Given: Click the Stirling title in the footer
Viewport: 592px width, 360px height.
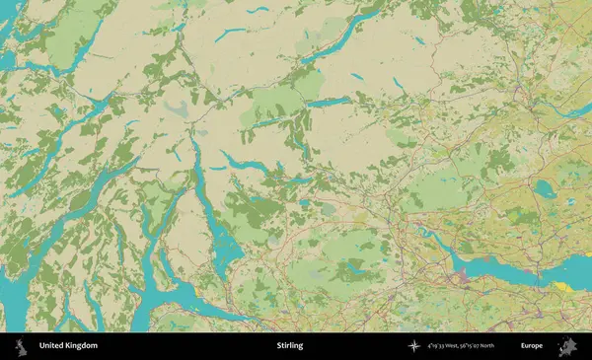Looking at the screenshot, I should pyautogui.click(x=290, y=346).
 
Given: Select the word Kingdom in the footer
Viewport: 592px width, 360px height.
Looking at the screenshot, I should pyautogui.click(x=82, y=346).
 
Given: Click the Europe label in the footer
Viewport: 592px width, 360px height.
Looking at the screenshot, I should pyautogui.click(x=531, y=346).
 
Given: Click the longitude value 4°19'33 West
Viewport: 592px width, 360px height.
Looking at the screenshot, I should pyautogui.click(x=447, y=346).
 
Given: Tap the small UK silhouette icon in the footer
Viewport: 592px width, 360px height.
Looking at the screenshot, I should pyautogui.click(x=20, y=346).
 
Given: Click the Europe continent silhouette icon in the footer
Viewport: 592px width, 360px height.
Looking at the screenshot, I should pyautogui.click(x=567, y=346).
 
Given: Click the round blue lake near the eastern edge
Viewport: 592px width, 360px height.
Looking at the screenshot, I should pyautogui.click(x=545, y=191).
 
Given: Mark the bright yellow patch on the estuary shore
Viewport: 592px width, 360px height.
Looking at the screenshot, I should pyautogui.click(x=562, y=287).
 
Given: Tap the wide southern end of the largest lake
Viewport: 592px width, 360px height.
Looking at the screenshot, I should pyautogui.click(x=226, y=253).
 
